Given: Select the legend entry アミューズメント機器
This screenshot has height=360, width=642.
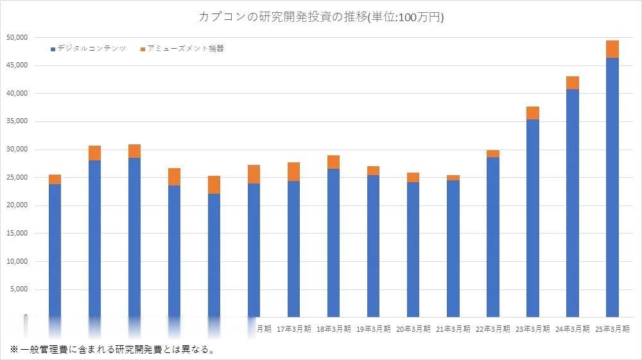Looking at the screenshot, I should (x=186, y=49).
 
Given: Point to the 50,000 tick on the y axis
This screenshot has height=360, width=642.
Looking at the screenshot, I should (x=16, y=37).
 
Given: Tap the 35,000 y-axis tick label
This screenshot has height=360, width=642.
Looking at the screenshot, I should (x=16, y=121).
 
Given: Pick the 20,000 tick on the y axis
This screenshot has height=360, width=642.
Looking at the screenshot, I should (x=16, y=205).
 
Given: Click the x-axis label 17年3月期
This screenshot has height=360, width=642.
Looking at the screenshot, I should (x=294, y=329).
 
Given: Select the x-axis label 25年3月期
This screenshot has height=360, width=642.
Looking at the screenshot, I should (x=612, y=329).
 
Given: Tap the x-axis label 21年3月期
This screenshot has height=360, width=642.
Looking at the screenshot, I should (x=453, y=329).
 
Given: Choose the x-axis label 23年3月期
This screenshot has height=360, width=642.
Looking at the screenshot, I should (x=532, y=329).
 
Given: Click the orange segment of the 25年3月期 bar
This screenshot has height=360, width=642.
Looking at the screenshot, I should (x=612, y=49).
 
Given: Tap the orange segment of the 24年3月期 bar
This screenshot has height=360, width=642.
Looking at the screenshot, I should (x=572, y=83).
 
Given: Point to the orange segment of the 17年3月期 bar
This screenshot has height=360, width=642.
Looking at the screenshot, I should (x=294, y=171).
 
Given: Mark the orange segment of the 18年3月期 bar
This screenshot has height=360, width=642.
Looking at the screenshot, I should (x=334, y=162).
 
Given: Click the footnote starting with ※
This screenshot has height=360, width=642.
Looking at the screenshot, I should (x=112, y=350).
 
